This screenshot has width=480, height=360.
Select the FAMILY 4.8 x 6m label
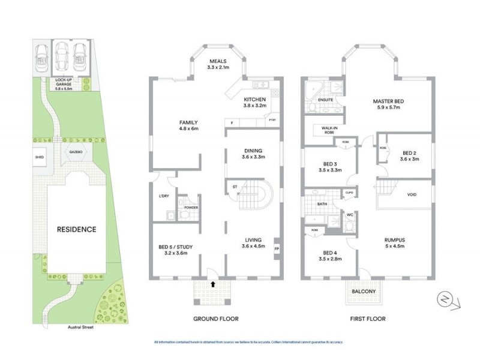tap(188, 125)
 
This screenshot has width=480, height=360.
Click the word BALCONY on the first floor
tap(364, 292)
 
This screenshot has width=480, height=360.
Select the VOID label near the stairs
tap(412, 195)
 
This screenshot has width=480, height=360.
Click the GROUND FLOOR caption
tap(214, 319)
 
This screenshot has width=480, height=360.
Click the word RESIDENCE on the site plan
tap(76, 229)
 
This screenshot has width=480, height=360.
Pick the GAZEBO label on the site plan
tap(75, 152)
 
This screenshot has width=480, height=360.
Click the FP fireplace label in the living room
tap(277, 248)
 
